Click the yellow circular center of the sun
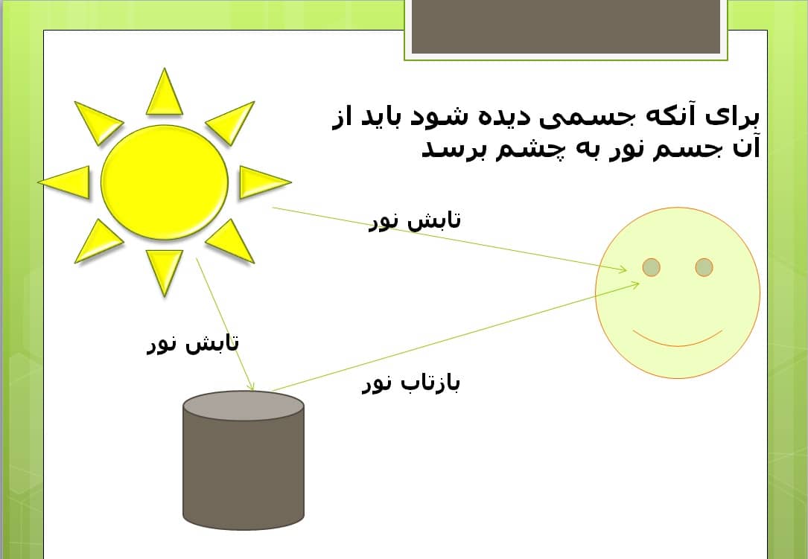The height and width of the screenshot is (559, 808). pyautogui.click(x=165, y=182)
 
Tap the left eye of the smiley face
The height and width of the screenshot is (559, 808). pyautogui.click(x=652, y=267)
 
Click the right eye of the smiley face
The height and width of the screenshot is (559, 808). pyautogui.click(x=704, y=267)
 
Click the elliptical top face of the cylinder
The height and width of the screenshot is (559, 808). pyautogui.click(x=244, y=406)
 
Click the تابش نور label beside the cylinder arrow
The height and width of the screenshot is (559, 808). pyautogui.click(x=193, y=343)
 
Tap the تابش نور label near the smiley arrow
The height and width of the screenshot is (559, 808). pyautogui.click(x=415, y=220)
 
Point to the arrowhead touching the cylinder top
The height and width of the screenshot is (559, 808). pyautogui.click(x=250, y=386)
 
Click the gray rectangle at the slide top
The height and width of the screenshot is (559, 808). pyautogui.click(x=566, y=26)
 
